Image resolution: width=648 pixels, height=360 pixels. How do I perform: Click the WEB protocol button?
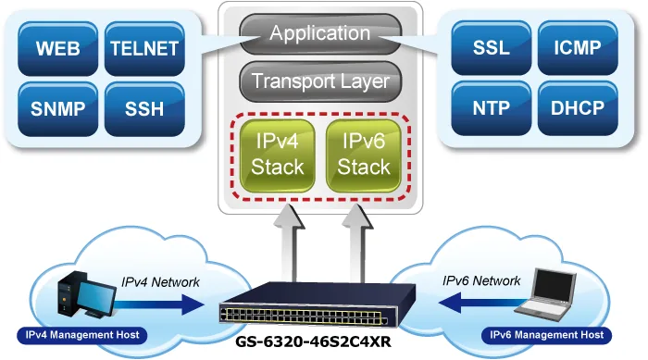pos(57,49)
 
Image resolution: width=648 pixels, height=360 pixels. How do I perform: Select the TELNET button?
pos(144,49)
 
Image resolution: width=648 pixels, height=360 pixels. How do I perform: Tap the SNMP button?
pos(57,109)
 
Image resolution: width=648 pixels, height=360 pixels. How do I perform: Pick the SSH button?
pos(144,109)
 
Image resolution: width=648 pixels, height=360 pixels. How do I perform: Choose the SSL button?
pos(491,48)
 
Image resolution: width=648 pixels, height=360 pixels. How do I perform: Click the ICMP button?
pos(578,48)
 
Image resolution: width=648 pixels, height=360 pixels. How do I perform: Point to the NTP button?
pos(491,108)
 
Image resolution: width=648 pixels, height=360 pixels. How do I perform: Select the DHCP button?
pos(578,108)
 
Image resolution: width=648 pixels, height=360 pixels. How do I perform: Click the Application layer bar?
pos(320,34)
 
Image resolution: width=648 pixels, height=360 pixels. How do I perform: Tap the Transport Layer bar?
pos(320,81)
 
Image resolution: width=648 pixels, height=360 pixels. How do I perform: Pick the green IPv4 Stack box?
pos(278,155)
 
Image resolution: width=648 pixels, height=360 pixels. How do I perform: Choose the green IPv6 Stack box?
pos(364,155)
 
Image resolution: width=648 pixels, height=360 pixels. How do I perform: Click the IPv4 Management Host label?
pos(82,335)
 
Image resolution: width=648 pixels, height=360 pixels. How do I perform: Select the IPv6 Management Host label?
pos(546,335)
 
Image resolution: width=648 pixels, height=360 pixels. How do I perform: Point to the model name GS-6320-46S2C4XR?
pos(313,341)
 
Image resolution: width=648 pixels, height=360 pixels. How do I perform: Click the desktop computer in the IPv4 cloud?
pos(86,294)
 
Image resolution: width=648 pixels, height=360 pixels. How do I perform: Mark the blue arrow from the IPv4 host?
pos(159,305)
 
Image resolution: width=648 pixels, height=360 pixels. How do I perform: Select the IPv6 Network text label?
pos(481,281)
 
